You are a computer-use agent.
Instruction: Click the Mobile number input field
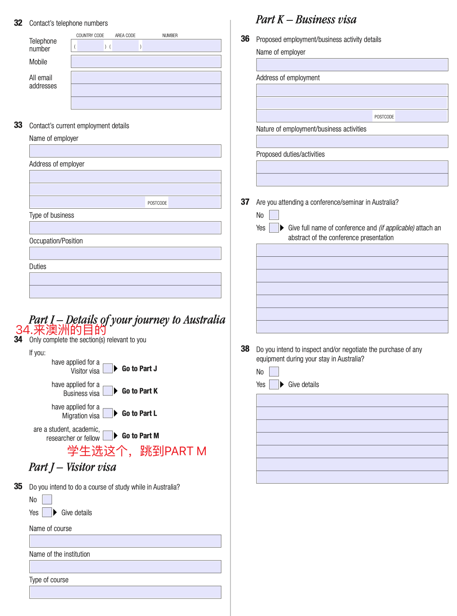coord(146,61)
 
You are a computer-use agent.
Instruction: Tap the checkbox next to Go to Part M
coord(107,435)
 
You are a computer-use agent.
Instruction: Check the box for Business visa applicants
coord(107,391)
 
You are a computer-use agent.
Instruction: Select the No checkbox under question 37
coord(274,215)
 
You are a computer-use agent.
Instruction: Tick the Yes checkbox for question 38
coord(274,384)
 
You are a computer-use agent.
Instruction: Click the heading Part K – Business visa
coord(306,20)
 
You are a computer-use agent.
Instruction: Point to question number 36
coord(245,39)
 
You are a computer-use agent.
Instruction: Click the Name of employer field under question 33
coord(125,151)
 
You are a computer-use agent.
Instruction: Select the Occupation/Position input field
coord(125,253)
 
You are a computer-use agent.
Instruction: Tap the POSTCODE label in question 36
coord(384,117)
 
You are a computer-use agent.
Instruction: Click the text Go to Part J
coord(139,369)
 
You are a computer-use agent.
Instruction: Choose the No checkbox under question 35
coord(47,499)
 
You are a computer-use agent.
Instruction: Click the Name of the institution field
coord(125,566)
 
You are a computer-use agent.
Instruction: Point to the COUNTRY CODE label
coord(90,35)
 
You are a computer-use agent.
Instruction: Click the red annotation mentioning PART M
coord(137,451)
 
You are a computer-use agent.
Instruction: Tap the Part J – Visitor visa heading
coord(72,467)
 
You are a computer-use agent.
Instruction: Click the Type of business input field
coord(125,227)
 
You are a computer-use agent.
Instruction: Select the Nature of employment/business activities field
coord(352,141)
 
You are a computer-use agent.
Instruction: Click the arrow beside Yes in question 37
coord(282,228)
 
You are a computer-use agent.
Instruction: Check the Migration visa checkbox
coord(107,413)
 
